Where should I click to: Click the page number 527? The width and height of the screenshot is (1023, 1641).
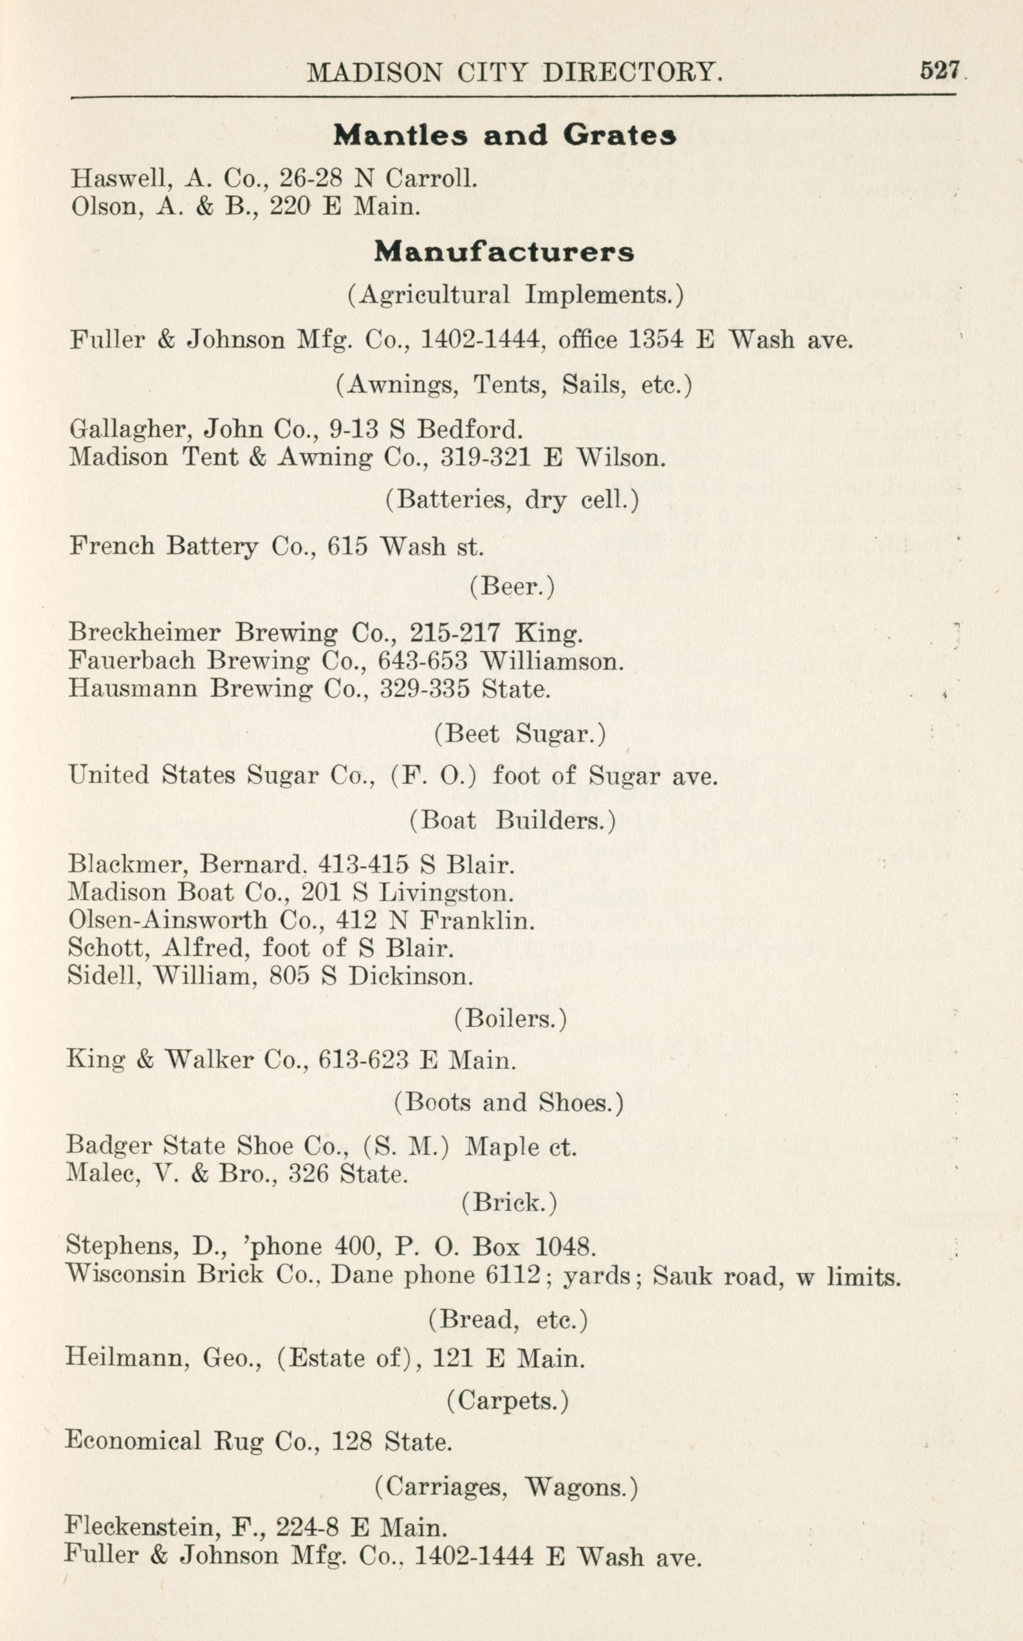pos(939,70)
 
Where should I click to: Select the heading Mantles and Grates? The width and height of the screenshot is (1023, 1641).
pos(504,135)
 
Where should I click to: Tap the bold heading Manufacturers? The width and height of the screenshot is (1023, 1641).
pos(504,252)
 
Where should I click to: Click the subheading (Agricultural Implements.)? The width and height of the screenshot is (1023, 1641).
pos(515,294)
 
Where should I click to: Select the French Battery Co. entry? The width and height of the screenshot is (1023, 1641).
pos(276,546)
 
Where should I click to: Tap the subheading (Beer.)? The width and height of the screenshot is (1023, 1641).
pos(512,586)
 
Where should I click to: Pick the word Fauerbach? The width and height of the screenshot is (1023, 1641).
pos(132,660)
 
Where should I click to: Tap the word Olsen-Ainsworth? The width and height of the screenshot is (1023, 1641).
pos(167,920)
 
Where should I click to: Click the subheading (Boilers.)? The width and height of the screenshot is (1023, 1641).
pos(510,1019)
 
